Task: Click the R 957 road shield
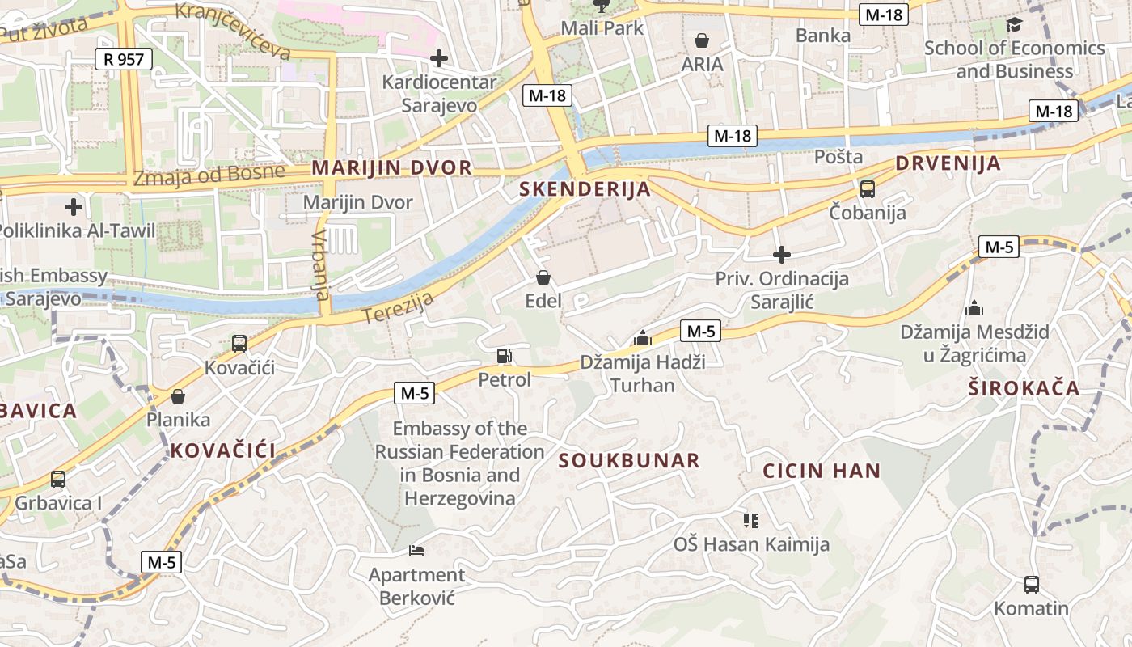[x=123, y=58]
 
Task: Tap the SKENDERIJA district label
[x=585, y=189]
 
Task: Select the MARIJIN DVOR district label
[x=391, y=168]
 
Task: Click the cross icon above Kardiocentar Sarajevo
[x=438, y=58]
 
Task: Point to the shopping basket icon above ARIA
[x=702, y=40]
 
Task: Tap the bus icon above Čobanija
[x=867, y=189]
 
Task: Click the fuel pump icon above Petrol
[x=504, y=356]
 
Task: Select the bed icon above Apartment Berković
[x=416, y=552]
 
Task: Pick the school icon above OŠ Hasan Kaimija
[x=751, y=521]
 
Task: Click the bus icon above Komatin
[x=1031, y=584]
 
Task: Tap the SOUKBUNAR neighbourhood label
[x=629, y=461]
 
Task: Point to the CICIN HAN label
[x=822, y=471]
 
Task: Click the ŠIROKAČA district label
[x=1024, y=388]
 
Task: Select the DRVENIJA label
[x=948, y=163]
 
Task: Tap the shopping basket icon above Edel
[x=543, y=278]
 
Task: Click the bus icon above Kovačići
[x=239, y=344]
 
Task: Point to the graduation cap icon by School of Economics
[x=1014, y=25]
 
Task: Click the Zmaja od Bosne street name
[x=209, y=175]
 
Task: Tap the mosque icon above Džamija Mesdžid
[x=974, y=308]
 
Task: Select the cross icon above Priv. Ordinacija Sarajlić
[x=781, y=256]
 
